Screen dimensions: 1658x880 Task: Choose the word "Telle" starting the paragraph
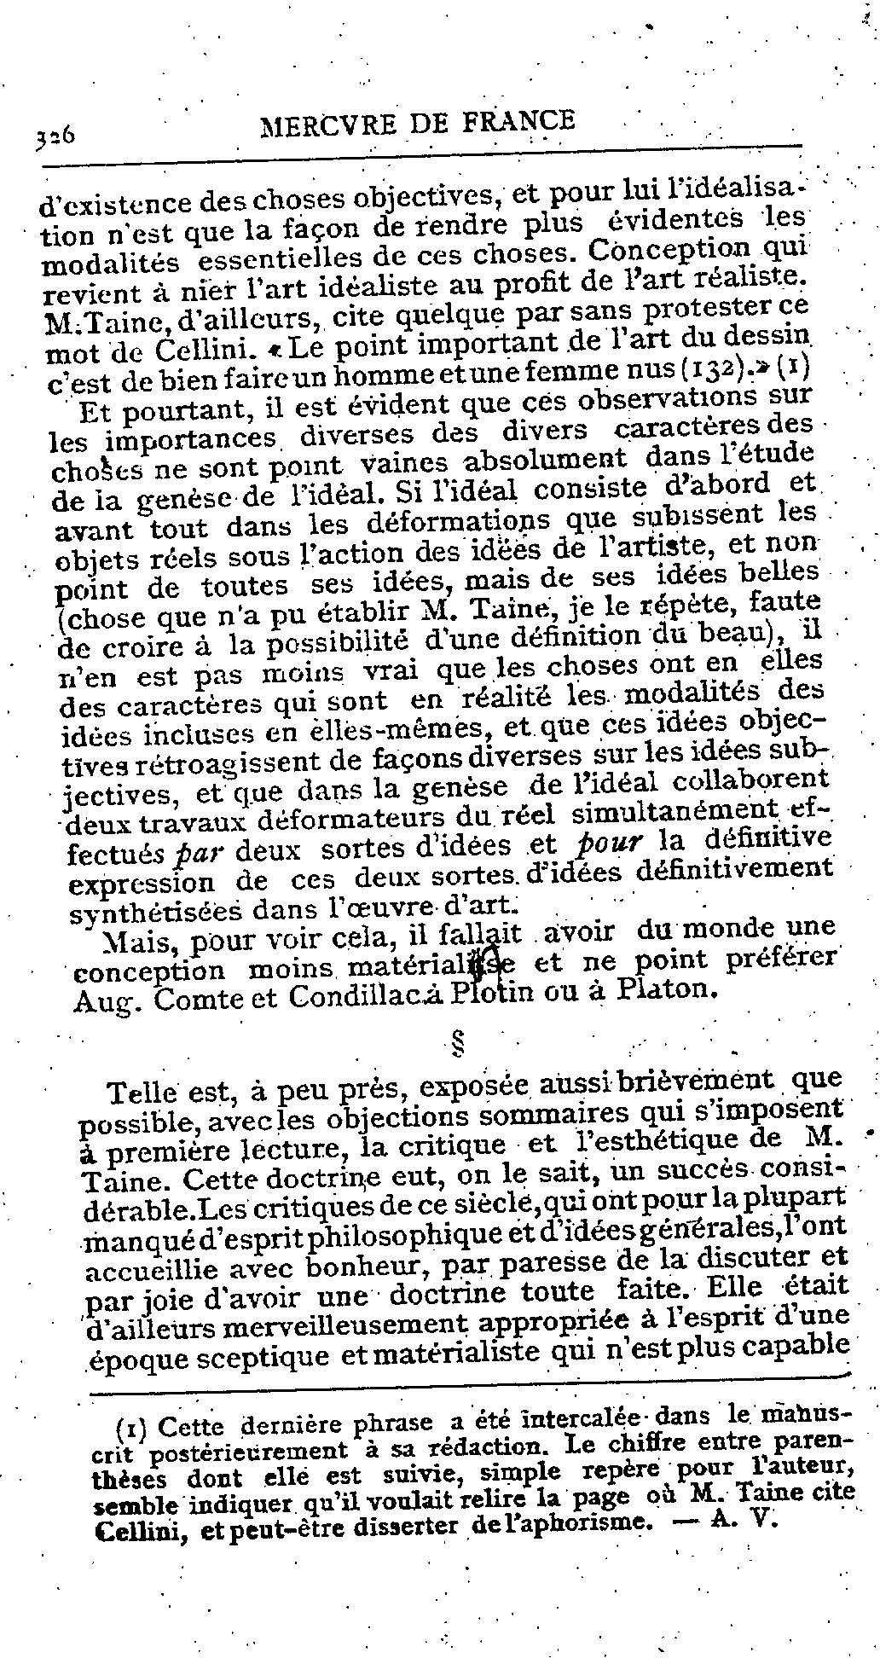pyautogui.click(x=143, y=1092)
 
